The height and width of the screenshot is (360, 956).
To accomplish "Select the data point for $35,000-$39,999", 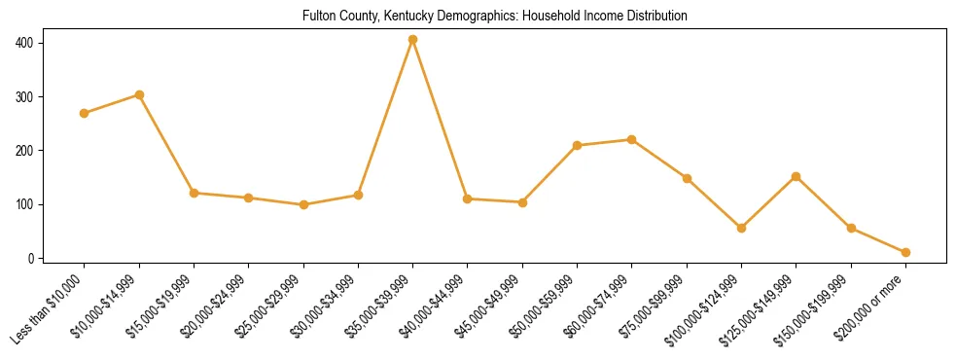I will [x=413, y=40].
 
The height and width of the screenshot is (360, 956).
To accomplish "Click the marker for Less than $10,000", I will [x=85, y=113].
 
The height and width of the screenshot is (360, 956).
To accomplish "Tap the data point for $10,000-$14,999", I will [x=139, y=94].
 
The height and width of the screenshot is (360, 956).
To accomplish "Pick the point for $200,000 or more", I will [x=905, y=252].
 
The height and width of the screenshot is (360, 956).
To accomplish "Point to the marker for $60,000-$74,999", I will [x=632, y=139].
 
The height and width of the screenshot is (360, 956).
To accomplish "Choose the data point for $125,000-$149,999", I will [x=797, y=176].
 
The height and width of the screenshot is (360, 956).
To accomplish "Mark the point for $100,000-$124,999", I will [x=742, y=228].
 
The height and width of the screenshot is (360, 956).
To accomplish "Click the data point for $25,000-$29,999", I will [x=303, y=204].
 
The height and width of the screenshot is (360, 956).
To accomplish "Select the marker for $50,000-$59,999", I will [x=578, y=145].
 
